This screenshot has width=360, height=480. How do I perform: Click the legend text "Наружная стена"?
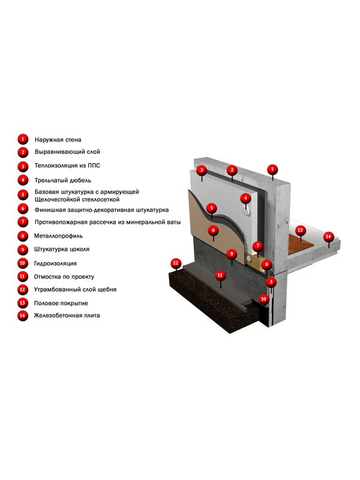58,140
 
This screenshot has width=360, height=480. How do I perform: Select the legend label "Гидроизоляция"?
55,263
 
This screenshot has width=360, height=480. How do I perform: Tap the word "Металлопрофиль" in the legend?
58,236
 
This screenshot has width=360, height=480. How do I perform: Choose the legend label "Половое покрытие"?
61,304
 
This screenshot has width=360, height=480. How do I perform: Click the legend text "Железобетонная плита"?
67,316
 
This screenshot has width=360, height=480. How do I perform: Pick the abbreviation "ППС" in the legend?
94,166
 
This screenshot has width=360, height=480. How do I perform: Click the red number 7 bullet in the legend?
23,222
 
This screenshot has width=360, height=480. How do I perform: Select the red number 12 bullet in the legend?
22,290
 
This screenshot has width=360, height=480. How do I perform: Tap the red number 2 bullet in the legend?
23,152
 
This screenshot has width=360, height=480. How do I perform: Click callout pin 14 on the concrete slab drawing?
328,237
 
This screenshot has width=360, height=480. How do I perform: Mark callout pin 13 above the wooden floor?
300,230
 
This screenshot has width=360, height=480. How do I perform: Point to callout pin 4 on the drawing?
245,199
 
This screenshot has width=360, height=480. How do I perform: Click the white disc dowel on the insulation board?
246,211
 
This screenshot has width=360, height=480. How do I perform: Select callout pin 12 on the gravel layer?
176,263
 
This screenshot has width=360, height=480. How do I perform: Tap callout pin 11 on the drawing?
220,275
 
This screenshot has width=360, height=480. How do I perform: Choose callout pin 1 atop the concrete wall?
272,170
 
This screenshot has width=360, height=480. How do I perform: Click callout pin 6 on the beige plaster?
214,230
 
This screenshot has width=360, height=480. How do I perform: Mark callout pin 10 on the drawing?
263,299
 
